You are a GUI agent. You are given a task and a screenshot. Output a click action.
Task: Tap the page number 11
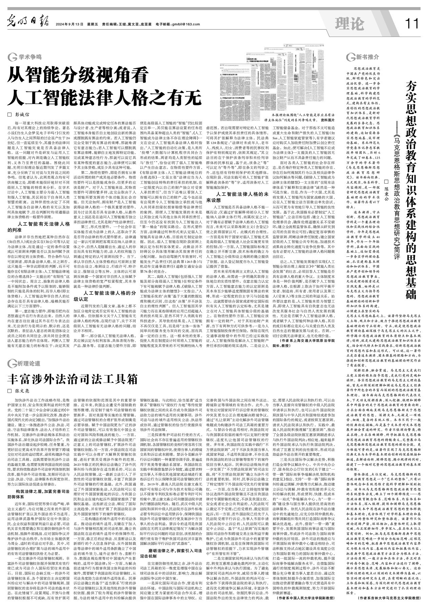(x=412, y=24)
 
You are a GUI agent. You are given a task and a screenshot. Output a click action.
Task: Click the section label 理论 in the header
(x=349, y=24)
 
